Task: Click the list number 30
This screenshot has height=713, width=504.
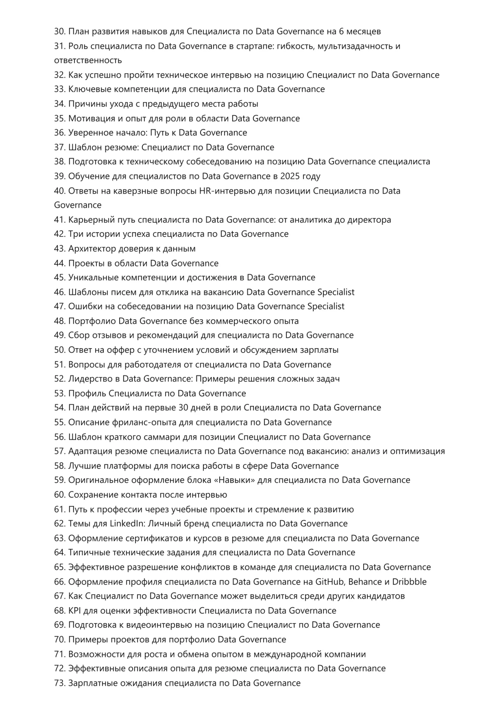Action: coord(59,31)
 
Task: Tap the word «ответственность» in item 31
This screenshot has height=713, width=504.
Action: coord(88,60)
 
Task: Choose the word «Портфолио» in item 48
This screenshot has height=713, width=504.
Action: coord(92,321)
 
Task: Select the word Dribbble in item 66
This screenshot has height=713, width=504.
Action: coord(409,582)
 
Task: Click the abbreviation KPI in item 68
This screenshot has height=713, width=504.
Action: coord(75,611)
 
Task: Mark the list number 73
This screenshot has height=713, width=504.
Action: coord(59,683)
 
